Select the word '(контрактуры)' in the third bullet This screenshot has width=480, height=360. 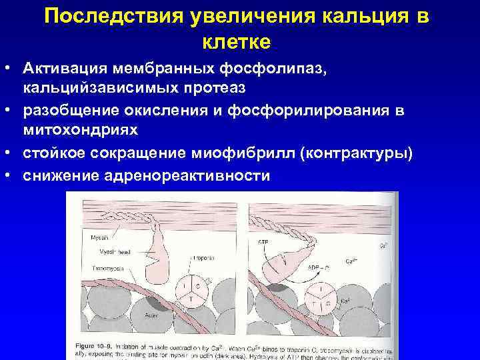[357, 154]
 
